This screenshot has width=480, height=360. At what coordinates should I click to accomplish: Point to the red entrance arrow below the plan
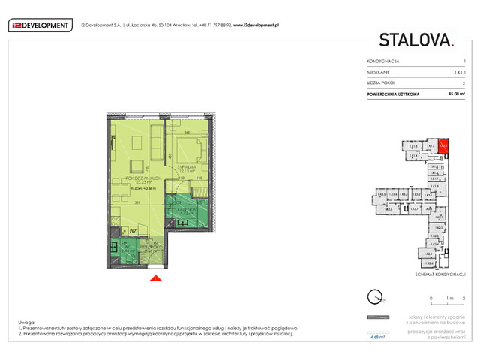coord(155,279)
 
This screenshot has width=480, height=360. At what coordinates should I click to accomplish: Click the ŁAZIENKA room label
coord(181,208)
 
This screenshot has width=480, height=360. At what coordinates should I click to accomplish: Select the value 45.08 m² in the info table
coord(457,93)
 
